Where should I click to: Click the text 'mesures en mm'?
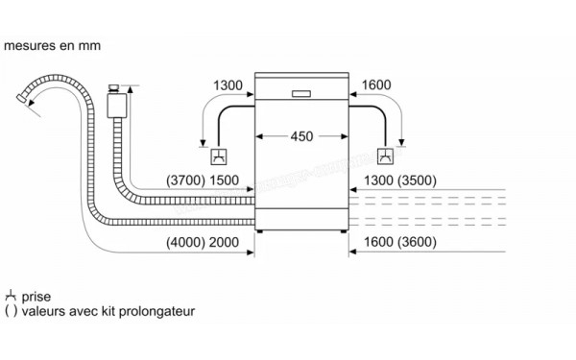tap(52, 45)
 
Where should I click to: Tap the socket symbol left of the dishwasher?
tap(218, 156)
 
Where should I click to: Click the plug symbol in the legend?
tap(11, 298)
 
